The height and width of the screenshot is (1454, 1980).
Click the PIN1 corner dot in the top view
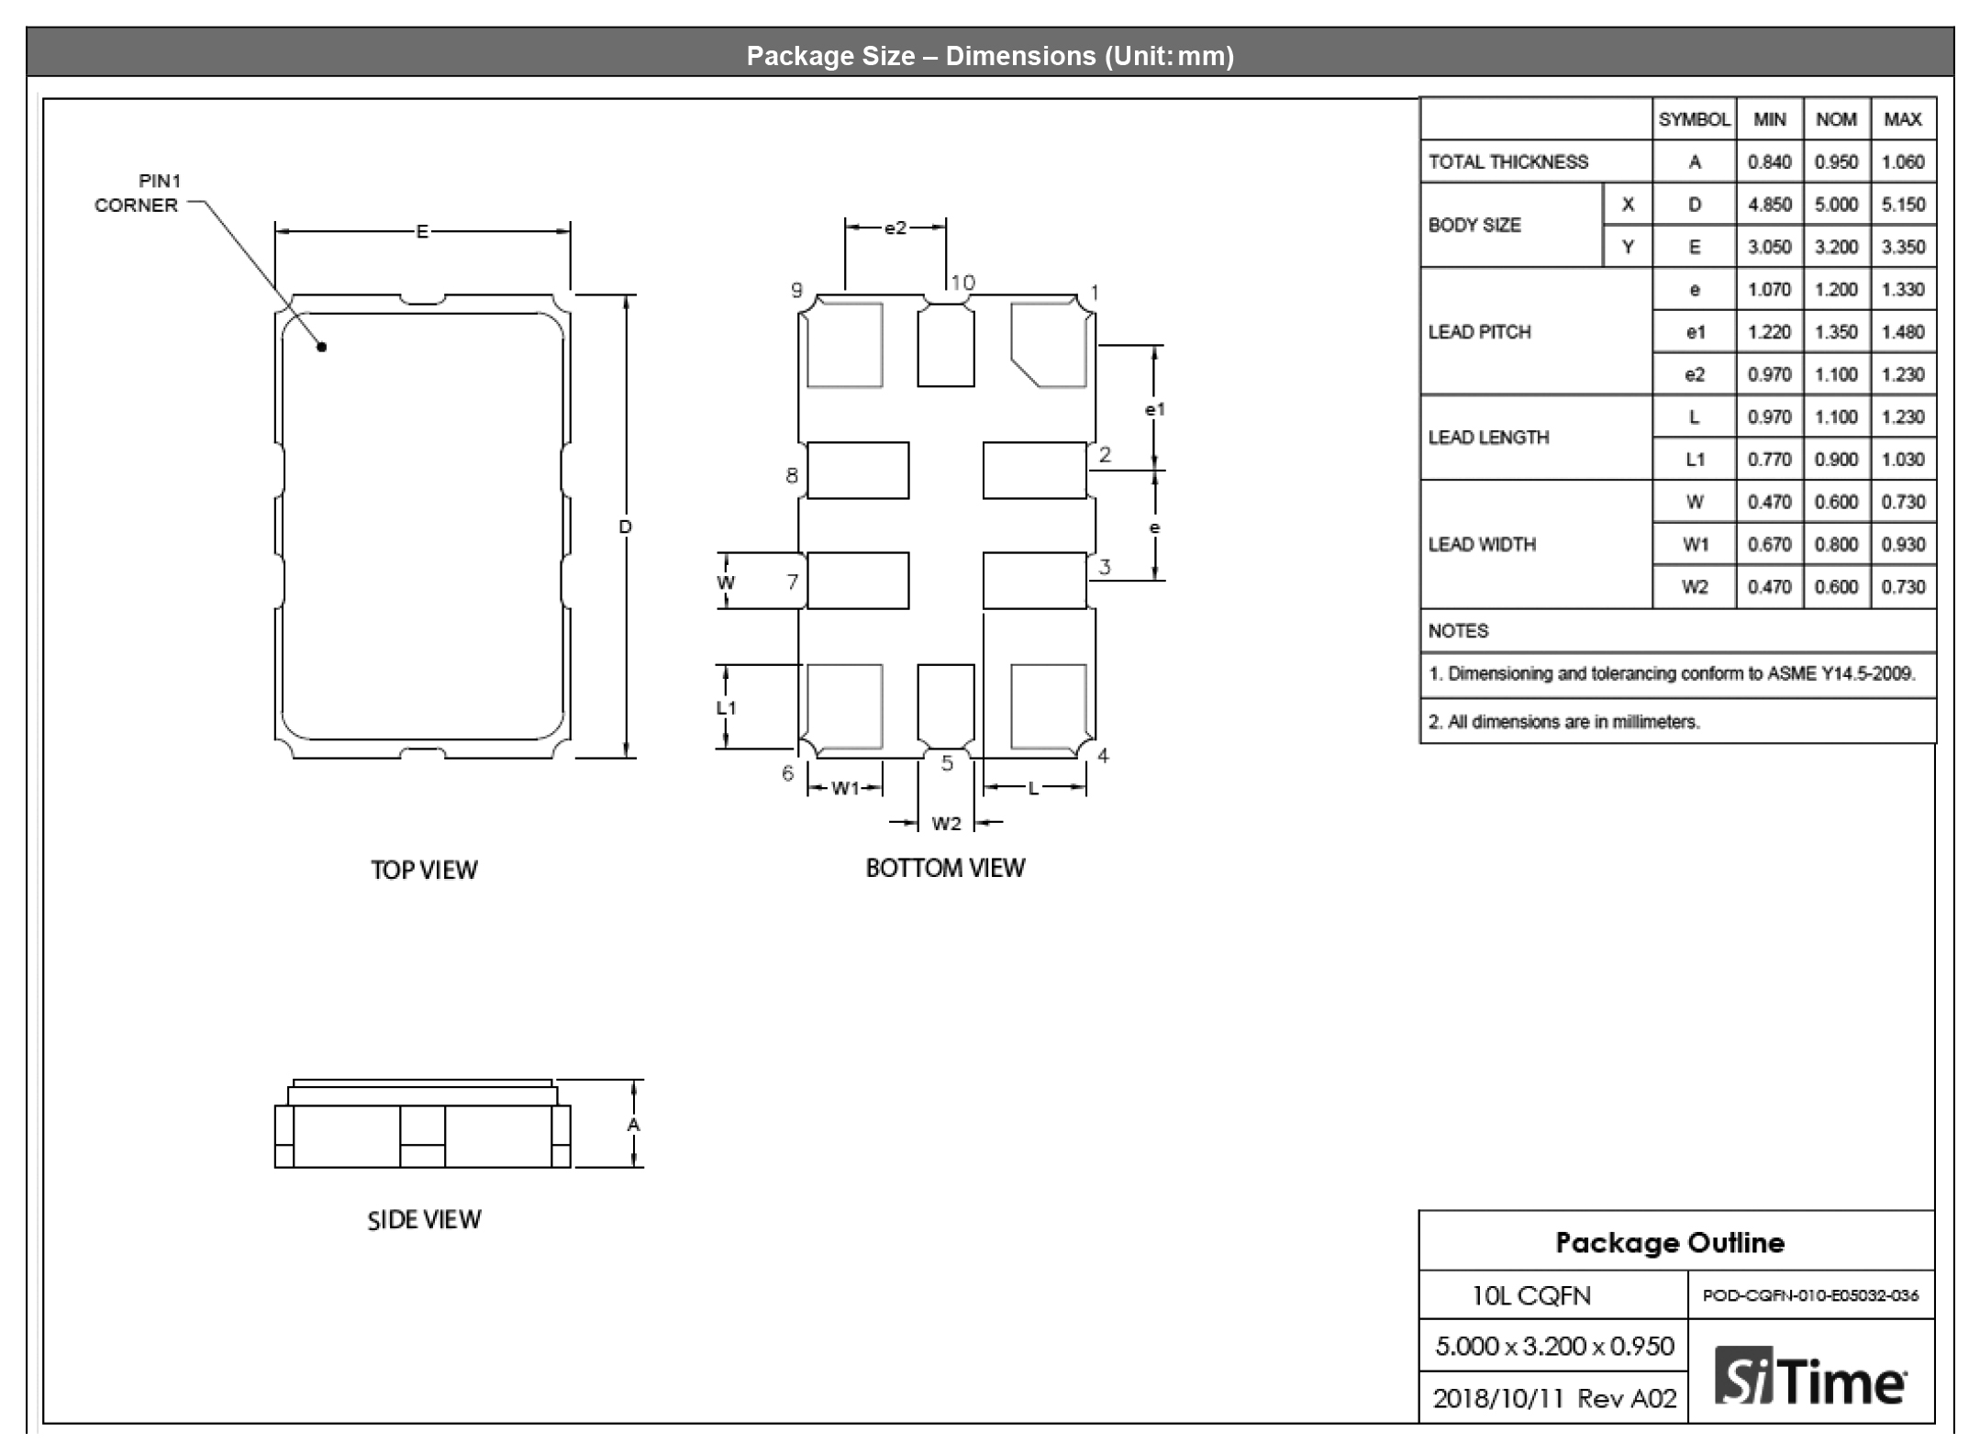click(322, 347)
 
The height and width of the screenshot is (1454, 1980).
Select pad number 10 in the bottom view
click(946, 345)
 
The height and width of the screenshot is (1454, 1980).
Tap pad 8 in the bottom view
click(858, 471)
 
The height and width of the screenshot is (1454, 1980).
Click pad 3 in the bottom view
click(1035, 581)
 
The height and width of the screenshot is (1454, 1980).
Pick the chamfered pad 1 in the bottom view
click(1049, 345)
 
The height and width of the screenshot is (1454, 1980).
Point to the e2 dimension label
click(895, 228)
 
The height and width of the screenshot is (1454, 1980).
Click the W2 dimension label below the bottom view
click(946, 824)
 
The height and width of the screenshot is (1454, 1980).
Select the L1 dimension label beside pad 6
click(726, 707)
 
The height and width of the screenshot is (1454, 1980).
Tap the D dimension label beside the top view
click(625, 527)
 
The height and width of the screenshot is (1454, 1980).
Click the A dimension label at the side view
click(633, 1125)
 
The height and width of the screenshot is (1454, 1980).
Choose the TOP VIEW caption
click(424, 870)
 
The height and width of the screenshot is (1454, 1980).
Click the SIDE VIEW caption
click(424, 1219)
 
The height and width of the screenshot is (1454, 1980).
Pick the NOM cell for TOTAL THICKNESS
click(1836, 162)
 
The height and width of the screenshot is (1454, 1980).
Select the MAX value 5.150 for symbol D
click(1903, 205)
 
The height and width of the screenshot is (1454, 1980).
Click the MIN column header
click(1770, 119)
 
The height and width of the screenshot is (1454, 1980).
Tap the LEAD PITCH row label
click(1479, 332)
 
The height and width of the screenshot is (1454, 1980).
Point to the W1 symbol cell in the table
click(1695, 545)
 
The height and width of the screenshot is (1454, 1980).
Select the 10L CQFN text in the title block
click(1531, 1295)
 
